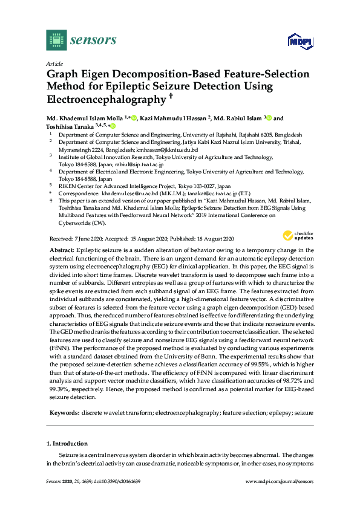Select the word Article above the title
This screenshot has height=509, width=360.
[54, 63]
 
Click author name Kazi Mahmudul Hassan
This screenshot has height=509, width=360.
[172, 118]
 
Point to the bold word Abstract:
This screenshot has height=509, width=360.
[61, 250]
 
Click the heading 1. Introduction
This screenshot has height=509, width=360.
[69, 443]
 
